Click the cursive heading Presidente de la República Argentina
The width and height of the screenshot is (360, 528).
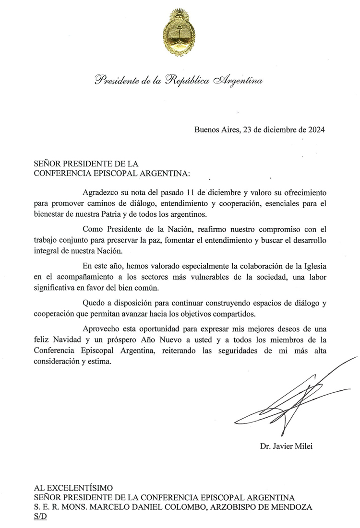click(179, 80)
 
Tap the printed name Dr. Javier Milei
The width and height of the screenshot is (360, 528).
click(286, 446)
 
